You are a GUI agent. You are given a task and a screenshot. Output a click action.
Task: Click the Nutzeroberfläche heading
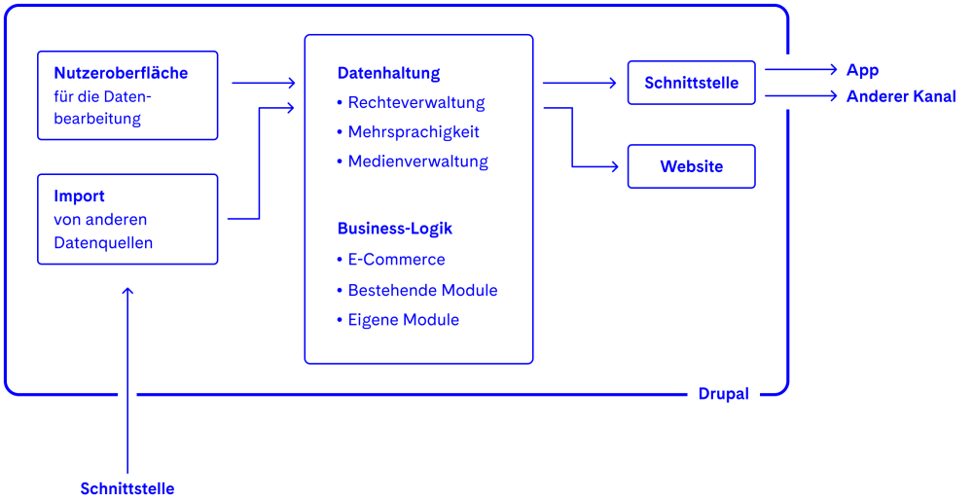click(121, 73)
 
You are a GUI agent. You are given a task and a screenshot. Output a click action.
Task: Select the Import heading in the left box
click(79, 196)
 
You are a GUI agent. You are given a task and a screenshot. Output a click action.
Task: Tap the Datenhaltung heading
click(388, 73)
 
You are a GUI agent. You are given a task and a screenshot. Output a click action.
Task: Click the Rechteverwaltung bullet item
click(415, 102)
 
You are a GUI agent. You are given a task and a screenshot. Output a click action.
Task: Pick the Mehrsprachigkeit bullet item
click(414, 131)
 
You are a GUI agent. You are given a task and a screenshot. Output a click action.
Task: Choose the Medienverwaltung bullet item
click(417, 161)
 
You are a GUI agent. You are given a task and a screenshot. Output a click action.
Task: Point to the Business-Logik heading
click(394, 229)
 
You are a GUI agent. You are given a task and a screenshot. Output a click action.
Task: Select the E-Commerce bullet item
click(396, 260)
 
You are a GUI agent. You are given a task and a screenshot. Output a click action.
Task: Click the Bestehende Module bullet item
click(422, 290)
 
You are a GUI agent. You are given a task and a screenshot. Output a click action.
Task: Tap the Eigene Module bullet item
click(403, 319)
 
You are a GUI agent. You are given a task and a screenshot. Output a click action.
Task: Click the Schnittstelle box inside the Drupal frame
click(691, 83)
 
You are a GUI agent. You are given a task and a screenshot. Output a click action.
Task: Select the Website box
click(691, 166)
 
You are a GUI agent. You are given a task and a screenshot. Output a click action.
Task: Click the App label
click(862, 70)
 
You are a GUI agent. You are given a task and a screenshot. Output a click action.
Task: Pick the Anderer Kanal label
click(901, 96)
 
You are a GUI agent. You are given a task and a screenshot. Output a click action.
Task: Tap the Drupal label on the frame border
click(723, 394)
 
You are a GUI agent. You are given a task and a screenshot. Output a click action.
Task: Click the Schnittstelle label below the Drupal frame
click(127, 488)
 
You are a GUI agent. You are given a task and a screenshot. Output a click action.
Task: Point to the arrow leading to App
click(801, 69)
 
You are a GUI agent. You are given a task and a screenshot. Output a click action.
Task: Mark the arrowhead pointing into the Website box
click(613, 166)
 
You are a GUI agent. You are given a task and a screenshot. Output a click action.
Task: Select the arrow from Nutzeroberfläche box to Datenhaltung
click(263, 84)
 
